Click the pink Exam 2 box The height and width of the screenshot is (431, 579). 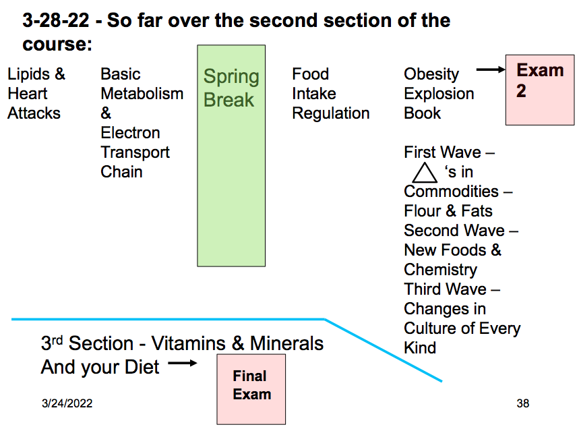click(x=539, y=90)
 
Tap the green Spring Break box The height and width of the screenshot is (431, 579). click(x=231, y=155)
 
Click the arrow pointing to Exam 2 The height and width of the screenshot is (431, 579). click(x=490, y=69)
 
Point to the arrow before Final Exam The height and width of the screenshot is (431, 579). click(x=182, y=364)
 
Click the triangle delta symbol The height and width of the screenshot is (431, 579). click(x=425, y=172)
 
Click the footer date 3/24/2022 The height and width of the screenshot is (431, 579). click(x=67, y=403)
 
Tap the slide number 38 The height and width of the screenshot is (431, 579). click(x=522, y=403)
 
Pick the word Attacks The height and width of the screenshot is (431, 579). click(x=34, y=113)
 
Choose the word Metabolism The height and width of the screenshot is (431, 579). click(x=142, y=94)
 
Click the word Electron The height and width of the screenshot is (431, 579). click(x=130, y=133)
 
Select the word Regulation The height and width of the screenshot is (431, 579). click(x=330, y=113)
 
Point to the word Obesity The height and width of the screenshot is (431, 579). click(x=431, y=74)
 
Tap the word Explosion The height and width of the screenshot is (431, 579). click(x=439, y=94)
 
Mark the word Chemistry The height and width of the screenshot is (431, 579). click(x=440, y=270)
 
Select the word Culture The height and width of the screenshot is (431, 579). click(x=432, y=328)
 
